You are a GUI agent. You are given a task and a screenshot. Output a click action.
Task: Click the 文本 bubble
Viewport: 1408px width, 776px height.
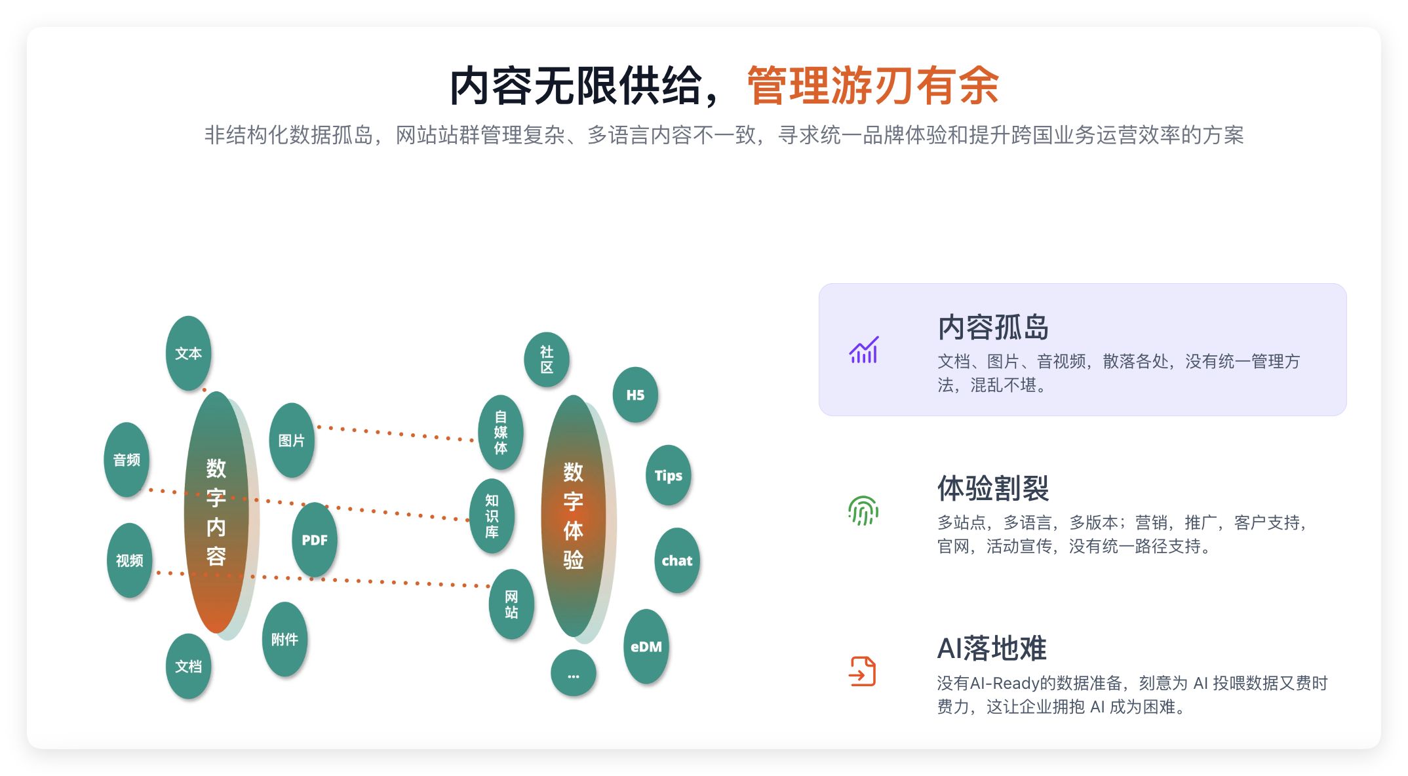point(188,354)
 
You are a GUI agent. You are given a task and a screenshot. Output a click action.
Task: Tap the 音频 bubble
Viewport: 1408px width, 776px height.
point(127,460)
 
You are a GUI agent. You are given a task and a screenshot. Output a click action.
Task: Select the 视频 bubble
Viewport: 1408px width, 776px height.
point(129,561)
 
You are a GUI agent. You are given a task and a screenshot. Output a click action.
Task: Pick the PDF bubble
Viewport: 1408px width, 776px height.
point(315,540)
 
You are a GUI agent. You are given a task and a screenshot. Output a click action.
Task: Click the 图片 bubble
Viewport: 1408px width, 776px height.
point(292,440)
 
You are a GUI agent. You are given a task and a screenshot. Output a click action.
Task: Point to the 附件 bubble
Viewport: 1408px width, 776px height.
point(284,640)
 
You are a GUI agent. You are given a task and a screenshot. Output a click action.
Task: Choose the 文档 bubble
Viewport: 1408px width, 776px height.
point(188,667)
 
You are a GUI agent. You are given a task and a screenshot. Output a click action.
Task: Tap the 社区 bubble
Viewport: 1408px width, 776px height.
point(547,360)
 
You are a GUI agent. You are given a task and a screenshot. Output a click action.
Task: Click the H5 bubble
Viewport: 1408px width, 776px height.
point(635,395)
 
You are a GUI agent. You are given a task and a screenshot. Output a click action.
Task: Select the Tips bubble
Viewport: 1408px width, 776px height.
point(669,476)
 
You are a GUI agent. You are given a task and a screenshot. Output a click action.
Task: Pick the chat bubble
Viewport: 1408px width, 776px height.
point(677,561)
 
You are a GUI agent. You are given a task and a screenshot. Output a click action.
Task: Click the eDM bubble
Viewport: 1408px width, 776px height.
point(646,647)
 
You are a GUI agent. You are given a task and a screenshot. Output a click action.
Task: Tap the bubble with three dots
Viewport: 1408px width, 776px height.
point(574,674)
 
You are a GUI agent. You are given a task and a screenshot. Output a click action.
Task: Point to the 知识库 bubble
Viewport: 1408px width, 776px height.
point(492,516)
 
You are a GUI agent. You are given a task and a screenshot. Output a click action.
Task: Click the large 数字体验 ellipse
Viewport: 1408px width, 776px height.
point(574,516)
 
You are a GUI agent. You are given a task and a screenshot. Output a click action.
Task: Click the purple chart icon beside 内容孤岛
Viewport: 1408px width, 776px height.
point(863,350)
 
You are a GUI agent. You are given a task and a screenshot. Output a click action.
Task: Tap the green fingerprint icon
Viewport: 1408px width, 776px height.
point(863,511)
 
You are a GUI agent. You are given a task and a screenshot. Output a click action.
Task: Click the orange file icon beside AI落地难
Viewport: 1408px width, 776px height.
point(863,672)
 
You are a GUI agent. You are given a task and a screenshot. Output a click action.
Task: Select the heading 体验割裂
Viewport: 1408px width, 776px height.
point(993,488)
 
